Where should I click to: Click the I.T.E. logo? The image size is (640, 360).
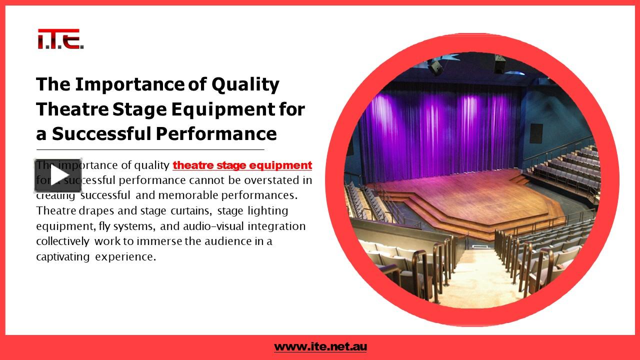pyautogui.click(x=60, y=39)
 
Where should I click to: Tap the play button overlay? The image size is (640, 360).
pyautogui.click(x=58, y=175)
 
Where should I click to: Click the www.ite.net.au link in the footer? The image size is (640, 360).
pyautogui.click(x=320, y=346)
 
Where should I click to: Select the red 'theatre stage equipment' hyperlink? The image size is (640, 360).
pyautogui.click(x=242, y=165)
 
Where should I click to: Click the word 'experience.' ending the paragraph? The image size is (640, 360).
pyautogui.click(x=125, y=257)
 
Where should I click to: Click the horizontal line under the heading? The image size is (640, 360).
pyautogui.click(x=150, y=149)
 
